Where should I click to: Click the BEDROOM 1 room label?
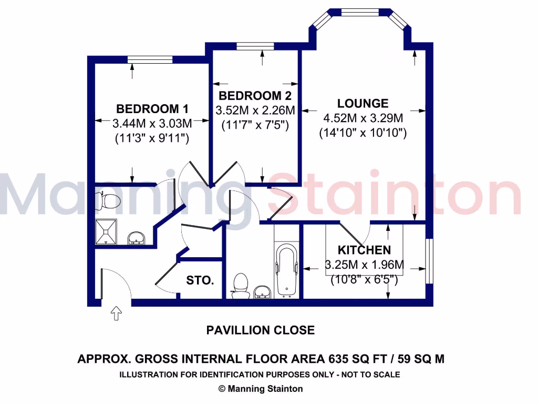(x=152, y=109)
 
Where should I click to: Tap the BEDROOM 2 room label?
(x=255, y=96)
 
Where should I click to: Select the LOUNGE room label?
(x=363, y=104)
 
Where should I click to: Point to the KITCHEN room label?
(x=364, y=250)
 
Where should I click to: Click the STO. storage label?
(x=200, y=280)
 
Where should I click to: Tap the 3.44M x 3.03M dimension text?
(x=152, y=124)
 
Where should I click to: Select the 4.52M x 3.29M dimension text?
(x=363, y=118)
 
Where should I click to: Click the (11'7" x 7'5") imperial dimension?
(x=255, y=126)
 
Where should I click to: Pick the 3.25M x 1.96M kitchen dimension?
(x=364, y=265)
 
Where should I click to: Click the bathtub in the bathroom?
(x=287, y=271)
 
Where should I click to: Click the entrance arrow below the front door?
(x=116, y=314)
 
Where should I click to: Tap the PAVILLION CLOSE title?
(x=261, y=330)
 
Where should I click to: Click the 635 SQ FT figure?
(x=358, y=359)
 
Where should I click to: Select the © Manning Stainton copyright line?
(x=260, y=389)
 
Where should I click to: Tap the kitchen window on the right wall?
(x=429, y=262)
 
